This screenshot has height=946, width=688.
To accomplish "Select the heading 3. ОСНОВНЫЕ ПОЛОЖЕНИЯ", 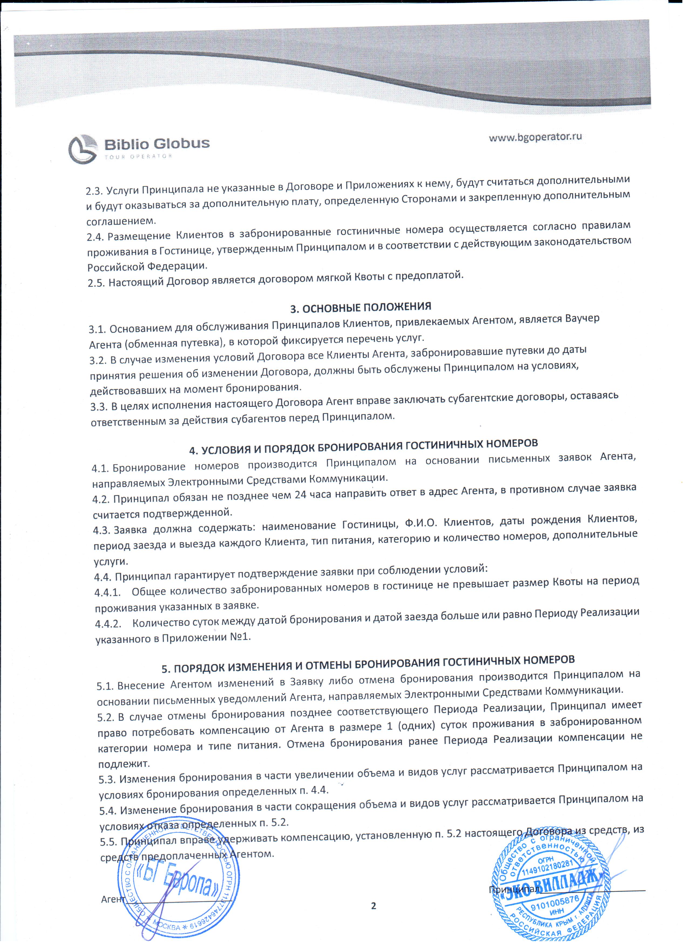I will coord(361,307).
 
